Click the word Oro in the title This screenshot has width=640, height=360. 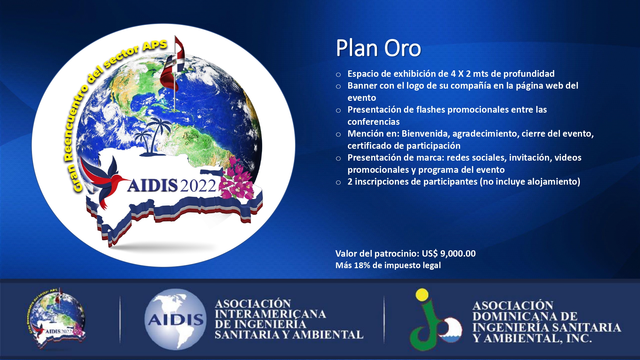point(403,48)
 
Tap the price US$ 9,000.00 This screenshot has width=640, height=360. point(449,253)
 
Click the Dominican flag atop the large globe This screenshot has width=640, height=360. point(173,64)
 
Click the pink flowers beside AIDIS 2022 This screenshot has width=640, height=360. point(237,179)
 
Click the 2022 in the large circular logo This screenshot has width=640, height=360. point(198,186)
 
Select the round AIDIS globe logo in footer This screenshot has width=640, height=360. point(175,319)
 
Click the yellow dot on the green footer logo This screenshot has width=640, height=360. point(422,294)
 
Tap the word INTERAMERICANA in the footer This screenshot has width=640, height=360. point(270,314)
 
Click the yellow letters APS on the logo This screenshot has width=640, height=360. point(155,45)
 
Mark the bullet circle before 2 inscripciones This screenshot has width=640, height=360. point(338,183)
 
